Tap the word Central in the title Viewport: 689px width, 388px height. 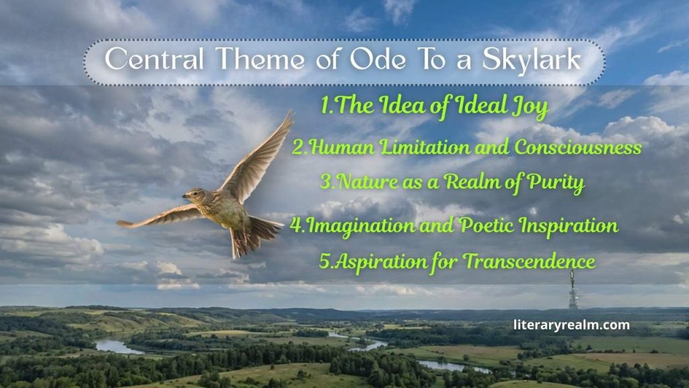coord(145,60)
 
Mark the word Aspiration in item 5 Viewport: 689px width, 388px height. coord(373,261)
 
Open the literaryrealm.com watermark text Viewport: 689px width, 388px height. coord(571,325)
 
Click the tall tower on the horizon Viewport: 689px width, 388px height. coord(573,290)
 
